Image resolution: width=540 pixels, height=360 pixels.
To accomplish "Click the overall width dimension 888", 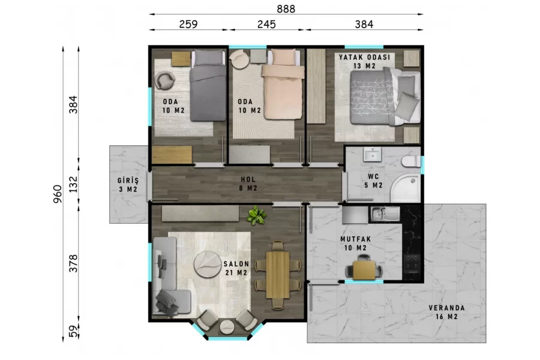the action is coord(286,8).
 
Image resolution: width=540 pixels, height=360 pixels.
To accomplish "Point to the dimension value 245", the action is coord(266,24).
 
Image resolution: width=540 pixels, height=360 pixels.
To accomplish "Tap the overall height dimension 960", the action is coord(58,194).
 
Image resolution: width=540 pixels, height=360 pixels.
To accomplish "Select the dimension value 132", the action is coord(73,184).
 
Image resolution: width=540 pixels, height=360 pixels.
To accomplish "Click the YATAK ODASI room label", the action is coord(364,57).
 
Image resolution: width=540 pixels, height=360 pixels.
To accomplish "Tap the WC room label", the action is coord(373,176).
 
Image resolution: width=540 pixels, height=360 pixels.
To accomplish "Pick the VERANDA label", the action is coord(446,308).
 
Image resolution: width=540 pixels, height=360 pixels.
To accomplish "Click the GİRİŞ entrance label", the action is coord(128,181).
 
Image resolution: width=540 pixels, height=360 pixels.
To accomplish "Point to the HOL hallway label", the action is coord(248,179).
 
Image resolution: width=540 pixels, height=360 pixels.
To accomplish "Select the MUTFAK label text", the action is coord(356,239).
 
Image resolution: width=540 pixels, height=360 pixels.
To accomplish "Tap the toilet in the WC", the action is coord(411,161).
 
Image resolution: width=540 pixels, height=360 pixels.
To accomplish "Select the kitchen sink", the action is coord(385,214).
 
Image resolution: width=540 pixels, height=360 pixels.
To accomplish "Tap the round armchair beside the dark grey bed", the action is coord(165,81).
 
